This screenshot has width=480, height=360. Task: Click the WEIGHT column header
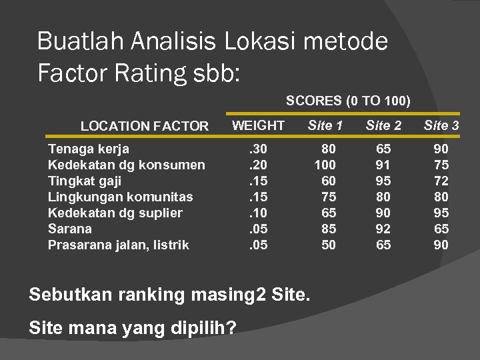coord(258,125)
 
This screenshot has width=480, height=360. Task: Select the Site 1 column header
coord(325,125)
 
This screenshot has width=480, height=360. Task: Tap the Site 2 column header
coord(383,125)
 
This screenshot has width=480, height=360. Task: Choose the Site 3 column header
coord(441,125)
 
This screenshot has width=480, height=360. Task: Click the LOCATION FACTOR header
coord(145,126)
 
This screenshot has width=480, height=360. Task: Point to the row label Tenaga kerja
coord(89,149)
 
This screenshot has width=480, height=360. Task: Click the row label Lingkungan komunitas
coord(121,197)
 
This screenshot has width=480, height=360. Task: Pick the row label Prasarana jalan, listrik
coord(119,245)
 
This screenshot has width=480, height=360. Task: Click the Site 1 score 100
coord(325,165)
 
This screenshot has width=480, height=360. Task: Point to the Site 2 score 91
coord(383,165)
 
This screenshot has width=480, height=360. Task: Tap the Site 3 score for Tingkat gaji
coord(441,181)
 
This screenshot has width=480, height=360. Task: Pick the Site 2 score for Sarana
coord(383,229)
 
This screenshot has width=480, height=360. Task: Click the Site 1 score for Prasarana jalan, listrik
coord(328,245)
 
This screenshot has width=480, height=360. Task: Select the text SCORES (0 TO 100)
coord(348,101)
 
